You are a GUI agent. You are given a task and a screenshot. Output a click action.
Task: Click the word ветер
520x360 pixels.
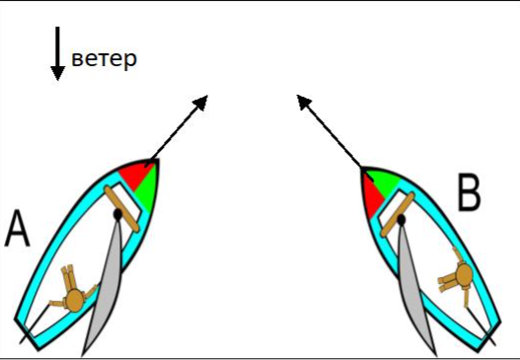pyautogui.click(x=104, y=59)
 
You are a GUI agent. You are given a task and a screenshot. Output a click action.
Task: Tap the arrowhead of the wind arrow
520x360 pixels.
pyautogui.click(x=57, y=73)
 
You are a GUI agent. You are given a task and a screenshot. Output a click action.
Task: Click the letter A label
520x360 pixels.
pyautogui.click(x=17, y=229)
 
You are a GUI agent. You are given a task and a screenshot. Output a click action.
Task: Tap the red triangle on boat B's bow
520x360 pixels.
pyautogui.click(x=372, y=195)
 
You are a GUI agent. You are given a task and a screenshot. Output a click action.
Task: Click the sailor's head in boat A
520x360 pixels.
pyautogui.click(x=74, y=301)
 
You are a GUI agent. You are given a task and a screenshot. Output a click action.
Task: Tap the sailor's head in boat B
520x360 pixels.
pyautogui.click(x=464, y=274)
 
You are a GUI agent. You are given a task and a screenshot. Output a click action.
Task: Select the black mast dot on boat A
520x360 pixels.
pyautogui.click(x=117, y=214)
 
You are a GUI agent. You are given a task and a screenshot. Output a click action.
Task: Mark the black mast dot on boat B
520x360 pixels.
pyautogui.click(x=402, y=219)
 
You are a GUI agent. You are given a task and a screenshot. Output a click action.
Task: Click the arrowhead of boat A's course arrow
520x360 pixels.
pyautogui.click(x=200, y=102)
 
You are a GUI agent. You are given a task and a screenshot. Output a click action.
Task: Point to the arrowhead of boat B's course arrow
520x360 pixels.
pyautogui.click(x=304, y=102)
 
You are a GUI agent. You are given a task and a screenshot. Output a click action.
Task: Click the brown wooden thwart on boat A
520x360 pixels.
pyautogui.click(x=121, y=208)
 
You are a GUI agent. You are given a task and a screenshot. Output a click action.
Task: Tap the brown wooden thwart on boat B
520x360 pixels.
pyautogui.click(x=398, y=214)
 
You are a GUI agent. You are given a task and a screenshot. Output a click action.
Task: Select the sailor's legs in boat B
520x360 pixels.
pyautogui.click(x=448, y=284)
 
